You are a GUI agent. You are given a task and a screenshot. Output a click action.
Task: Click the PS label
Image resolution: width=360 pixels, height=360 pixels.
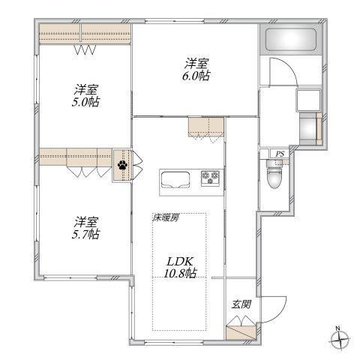pos(280,154)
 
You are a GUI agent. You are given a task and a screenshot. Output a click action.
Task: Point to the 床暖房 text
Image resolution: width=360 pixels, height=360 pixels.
pos(165,218)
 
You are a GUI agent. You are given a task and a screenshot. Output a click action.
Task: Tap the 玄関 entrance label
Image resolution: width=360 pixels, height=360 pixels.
pos(241,304)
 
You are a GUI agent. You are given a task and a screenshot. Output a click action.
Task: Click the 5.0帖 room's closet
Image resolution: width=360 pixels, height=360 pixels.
pos(85,34)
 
